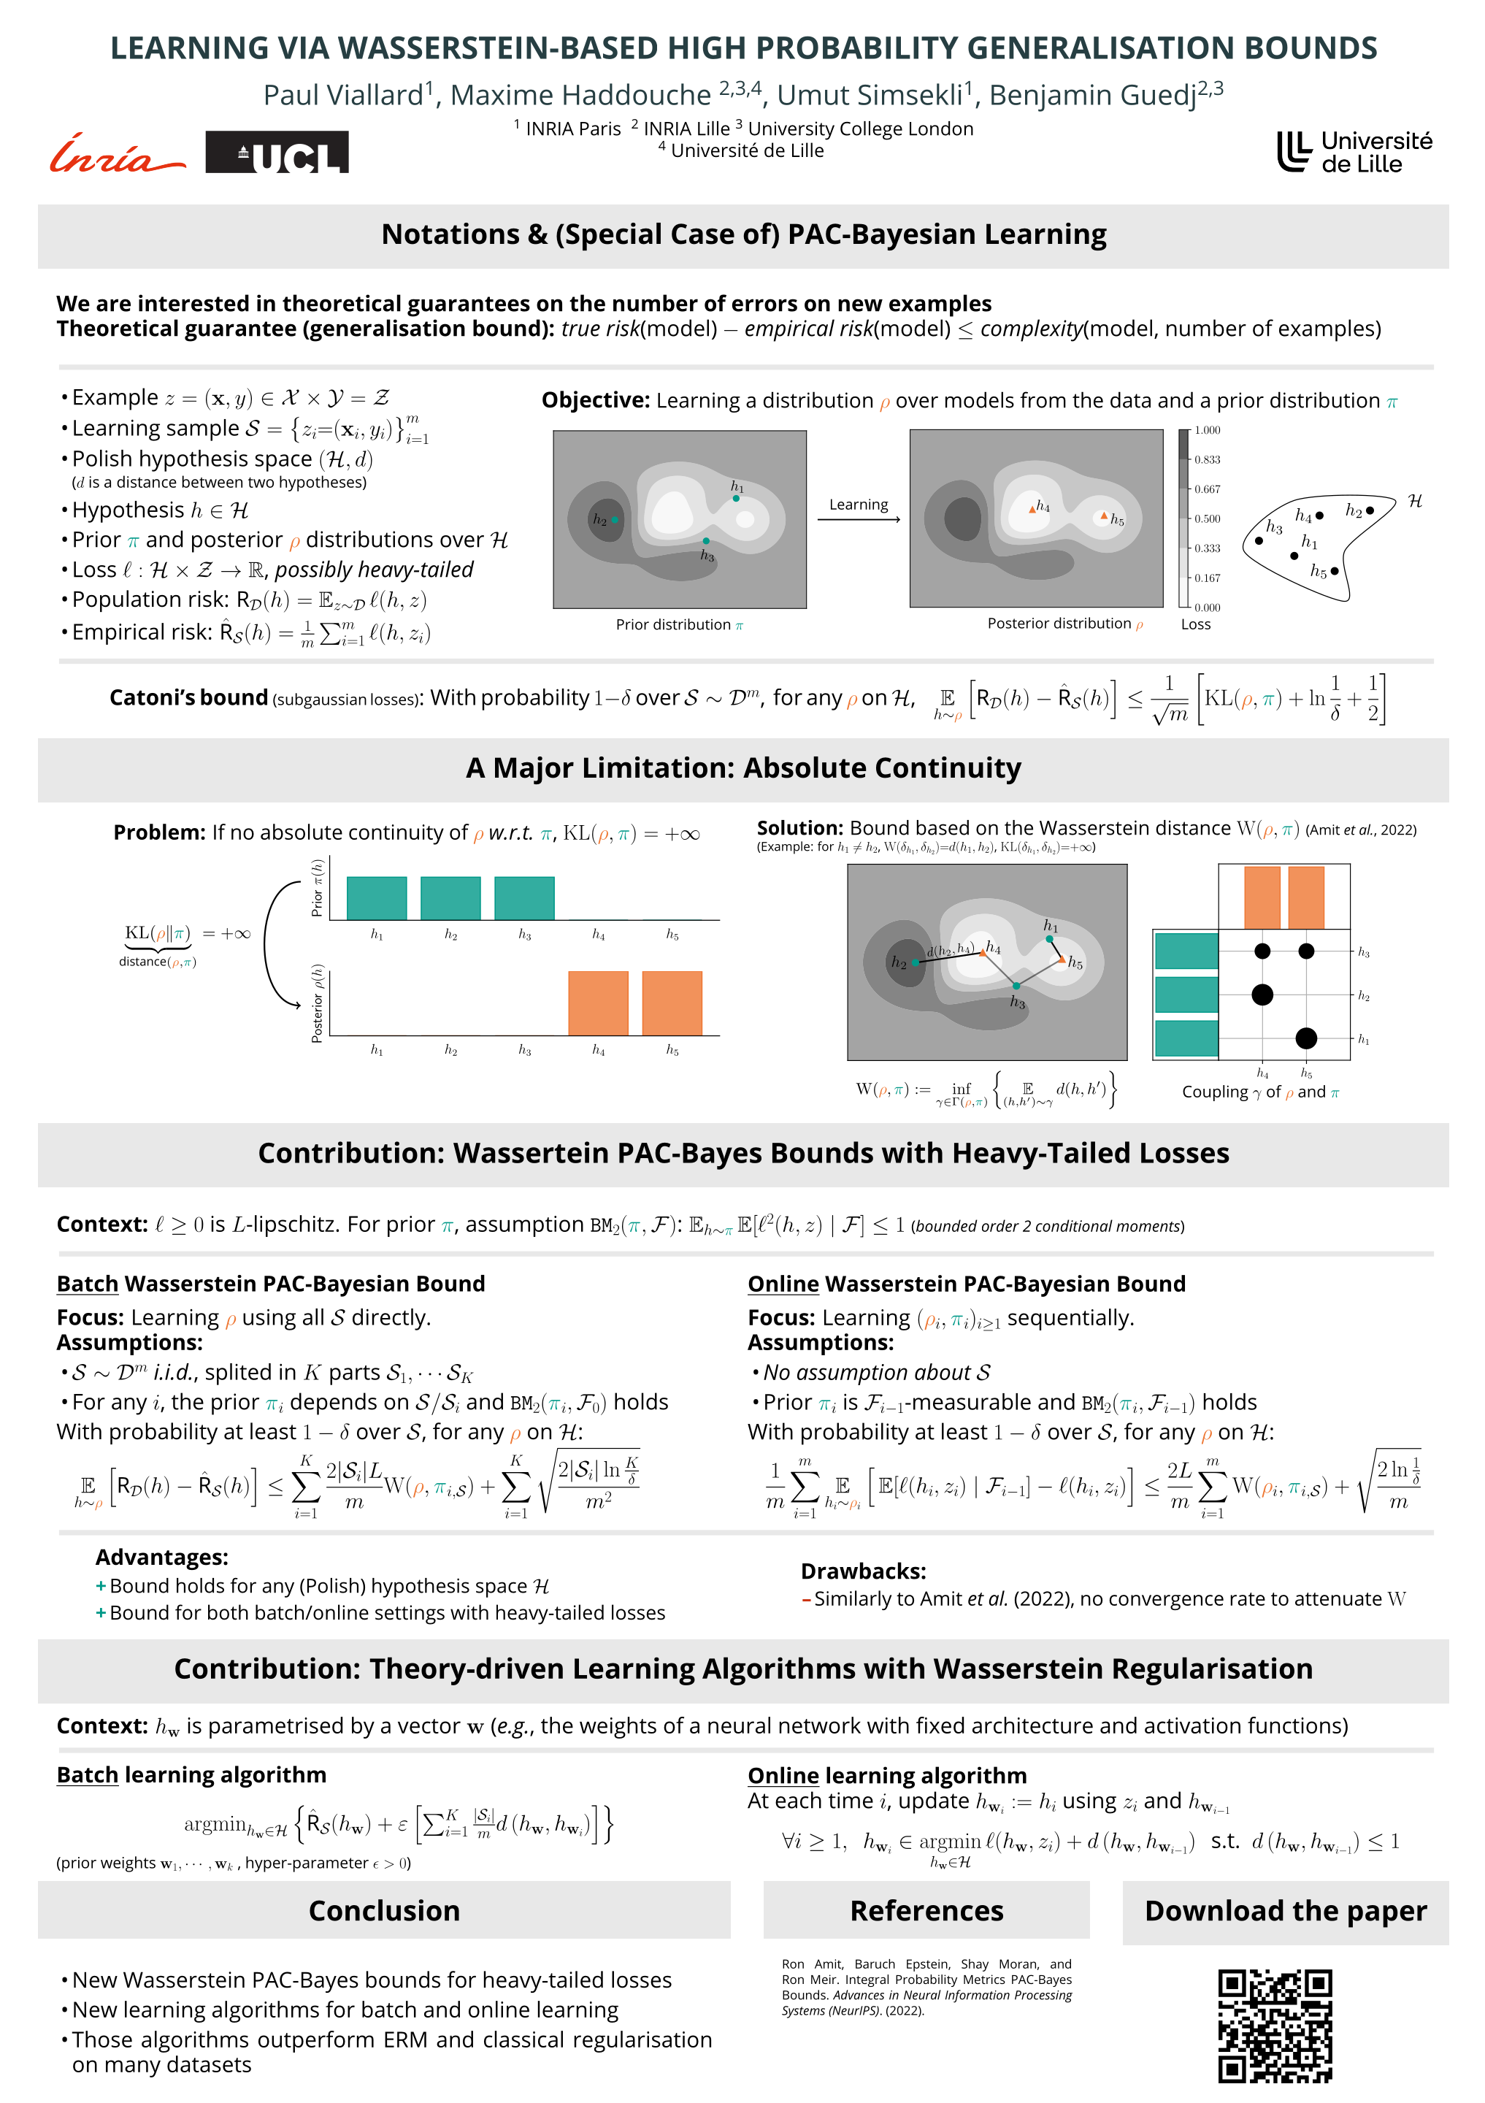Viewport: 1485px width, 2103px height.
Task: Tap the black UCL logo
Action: tap(277, 152)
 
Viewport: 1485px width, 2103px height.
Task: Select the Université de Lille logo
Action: tap(1354, 152)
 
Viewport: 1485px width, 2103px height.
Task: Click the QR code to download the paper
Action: tap(1275, 2025)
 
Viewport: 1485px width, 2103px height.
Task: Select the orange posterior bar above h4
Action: tap(598, 1003)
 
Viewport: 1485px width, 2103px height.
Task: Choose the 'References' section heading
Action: tap(926, 1911)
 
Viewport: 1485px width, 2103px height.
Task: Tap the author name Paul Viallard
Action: tap(343, 94)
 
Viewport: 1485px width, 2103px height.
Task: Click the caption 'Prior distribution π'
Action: tap(678, 624)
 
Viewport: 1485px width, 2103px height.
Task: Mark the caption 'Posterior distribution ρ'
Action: tap(1064, 624)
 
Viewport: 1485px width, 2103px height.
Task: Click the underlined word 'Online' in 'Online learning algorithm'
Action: tap(783, 1775)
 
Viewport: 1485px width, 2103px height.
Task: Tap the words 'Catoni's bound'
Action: tap(188, 698)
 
